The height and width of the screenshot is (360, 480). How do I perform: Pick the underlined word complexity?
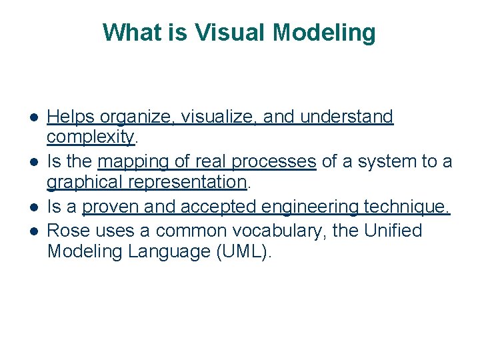point(90,138)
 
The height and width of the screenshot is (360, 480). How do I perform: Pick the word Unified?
point(393,231)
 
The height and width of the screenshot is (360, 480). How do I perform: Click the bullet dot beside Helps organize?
point(32,118)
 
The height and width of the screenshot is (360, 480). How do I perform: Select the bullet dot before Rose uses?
point(32,231)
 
